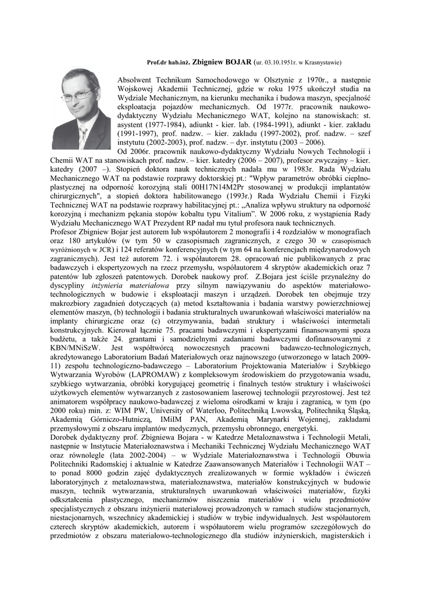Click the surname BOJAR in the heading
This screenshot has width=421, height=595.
pos(238,61)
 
